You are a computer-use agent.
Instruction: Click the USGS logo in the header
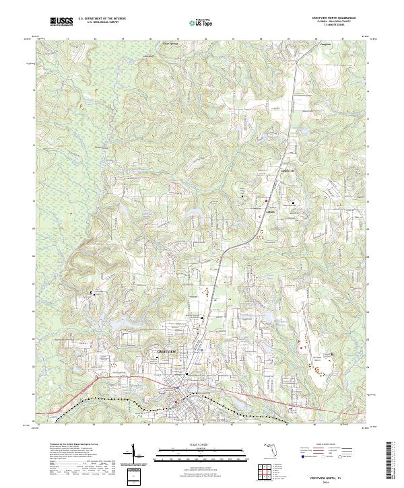pyautogui.click(x=61, y=22)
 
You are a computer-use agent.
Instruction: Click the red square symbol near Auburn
pyautogui.click(x=266, y=201)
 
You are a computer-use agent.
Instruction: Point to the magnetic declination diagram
pyautogui.click(x=135, y=452)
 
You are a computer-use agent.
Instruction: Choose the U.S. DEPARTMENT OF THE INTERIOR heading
pyautogui.click(x=102, y=19)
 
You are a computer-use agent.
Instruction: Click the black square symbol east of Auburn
pyautogui.click(x=293, y=202)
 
